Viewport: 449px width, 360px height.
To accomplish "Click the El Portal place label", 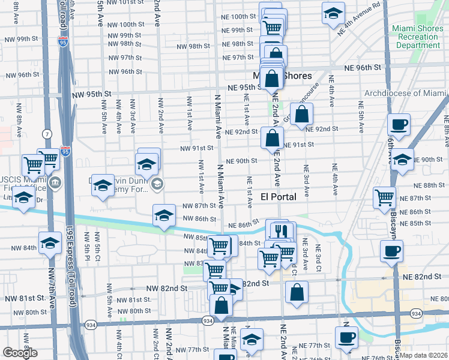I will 279,197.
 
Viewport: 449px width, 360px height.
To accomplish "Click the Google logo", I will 20,352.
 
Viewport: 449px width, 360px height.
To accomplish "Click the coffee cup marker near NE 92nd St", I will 399,125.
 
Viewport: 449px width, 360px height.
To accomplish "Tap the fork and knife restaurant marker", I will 280,230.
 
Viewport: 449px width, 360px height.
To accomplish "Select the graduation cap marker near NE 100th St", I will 333,14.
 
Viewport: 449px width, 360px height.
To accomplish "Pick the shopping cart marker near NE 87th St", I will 384,197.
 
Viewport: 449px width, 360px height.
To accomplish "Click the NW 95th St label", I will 92,94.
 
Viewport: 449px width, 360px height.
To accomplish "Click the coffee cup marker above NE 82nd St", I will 391,251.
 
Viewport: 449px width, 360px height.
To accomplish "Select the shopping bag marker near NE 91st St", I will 272,138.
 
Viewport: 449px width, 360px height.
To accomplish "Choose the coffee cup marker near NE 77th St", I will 346,337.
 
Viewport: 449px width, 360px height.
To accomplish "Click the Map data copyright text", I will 424,355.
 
